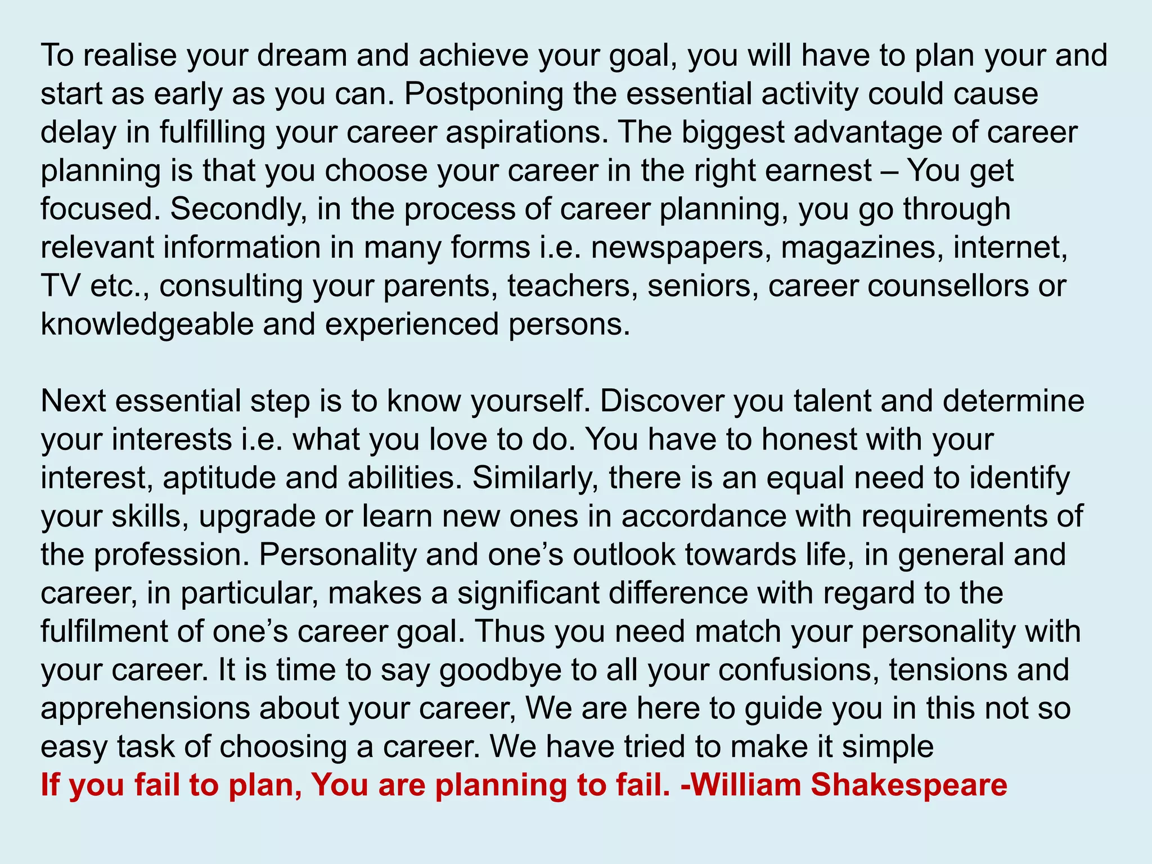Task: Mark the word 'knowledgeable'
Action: (x=147, y=325)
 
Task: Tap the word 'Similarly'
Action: (x=535, y=479)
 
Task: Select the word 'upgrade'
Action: (x=257, y=517)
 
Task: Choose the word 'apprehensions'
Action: (x=145, y=709)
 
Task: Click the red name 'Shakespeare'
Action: (x=909, y=785)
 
